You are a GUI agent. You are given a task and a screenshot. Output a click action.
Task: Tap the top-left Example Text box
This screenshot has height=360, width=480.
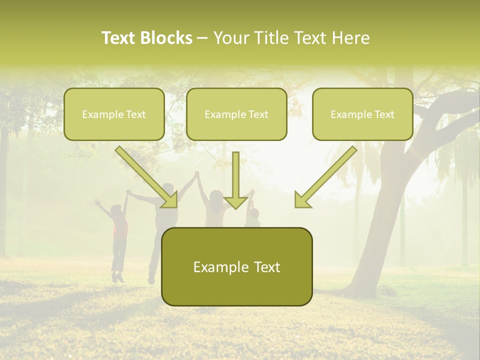114,114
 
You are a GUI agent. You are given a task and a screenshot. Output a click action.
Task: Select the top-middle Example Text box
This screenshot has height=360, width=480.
236,114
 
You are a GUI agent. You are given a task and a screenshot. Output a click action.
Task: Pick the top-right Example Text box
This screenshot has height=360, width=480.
362,114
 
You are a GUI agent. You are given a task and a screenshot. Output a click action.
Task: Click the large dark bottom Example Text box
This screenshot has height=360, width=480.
236,266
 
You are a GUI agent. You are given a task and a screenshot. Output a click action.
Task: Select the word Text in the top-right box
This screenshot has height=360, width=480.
384,114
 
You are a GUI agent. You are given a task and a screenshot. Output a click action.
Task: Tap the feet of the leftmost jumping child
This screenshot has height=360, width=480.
118,276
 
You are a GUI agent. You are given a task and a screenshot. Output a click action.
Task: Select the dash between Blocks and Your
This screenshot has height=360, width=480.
202,38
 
